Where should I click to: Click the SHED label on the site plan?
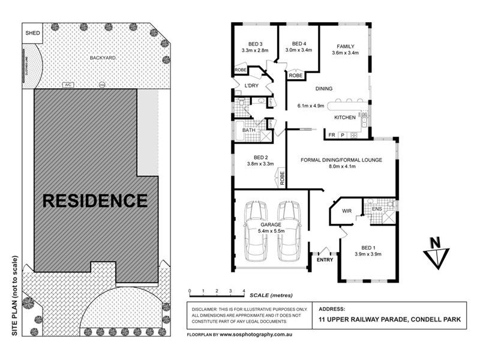tap(33, 33)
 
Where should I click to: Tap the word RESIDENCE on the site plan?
tap(95, 200)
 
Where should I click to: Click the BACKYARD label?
tap(103, 58)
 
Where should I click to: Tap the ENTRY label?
tap(324, 260)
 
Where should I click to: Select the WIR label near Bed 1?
tap(346, 211)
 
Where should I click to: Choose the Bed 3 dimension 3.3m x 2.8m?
tap(254, 51)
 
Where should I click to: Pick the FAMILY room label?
tap(345, 46)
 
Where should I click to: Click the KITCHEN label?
tap(346, 118)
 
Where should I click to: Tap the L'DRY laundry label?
tap(251, 86)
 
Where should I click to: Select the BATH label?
tap(248, 130)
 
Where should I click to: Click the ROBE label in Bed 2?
tap(280, 177)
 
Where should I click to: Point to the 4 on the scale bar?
tap(244, 291)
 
